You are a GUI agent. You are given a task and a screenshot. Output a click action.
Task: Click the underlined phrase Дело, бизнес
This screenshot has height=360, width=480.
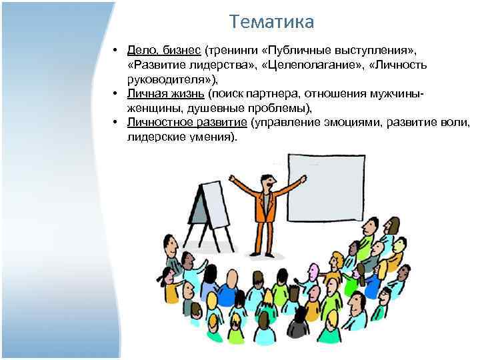(x=164, y=51)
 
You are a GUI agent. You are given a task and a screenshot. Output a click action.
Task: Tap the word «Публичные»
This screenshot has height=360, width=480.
(x=296, y=51)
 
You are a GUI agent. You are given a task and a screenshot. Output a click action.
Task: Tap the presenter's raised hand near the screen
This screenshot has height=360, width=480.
(x=303, y=179)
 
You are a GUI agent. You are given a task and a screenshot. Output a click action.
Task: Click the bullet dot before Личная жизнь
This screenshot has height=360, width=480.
(x=116, y=93)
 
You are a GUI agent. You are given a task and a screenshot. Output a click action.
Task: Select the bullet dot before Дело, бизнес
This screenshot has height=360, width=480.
(x=116, y=51)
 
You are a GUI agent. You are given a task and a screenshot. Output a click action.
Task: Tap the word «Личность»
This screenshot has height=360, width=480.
(x=404, y=65)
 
